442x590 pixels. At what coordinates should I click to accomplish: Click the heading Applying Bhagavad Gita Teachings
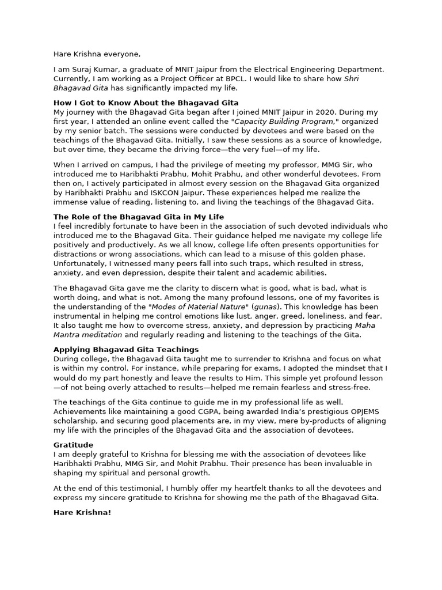(x=126, y=349)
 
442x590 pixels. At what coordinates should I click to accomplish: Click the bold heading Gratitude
(x=74, y=445)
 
